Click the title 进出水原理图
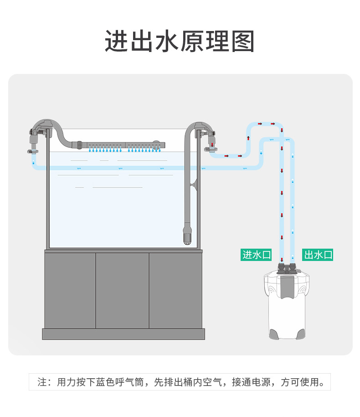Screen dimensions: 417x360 (x=180, y=42)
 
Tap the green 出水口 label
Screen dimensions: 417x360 (x=318, y=255)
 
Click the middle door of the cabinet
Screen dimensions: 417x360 (x=123, y=290)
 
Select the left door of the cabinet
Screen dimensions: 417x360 (x=70, y=290)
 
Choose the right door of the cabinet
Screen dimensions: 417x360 (x=175, y=290)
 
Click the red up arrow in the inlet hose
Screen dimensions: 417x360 (x=249, y=138)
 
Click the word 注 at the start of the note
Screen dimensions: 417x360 (x=42, y=382)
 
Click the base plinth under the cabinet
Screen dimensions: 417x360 (x=123, y=334)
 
